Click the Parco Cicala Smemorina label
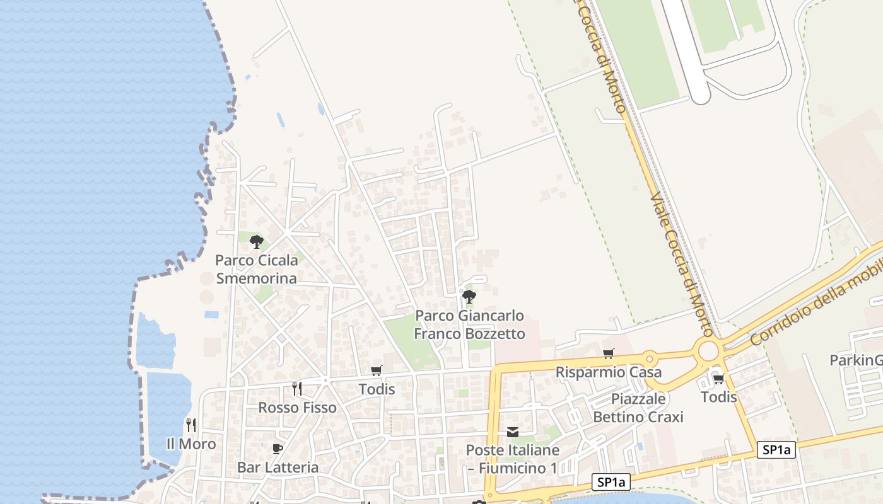pos(256,269)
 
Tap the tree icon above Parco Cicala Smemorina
pos(256,241)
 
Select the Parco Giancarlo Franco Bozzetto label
pos(469,324)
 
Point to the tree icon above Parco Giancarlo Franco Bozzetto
pos(469,296)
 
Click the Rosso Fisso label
pos(297,408)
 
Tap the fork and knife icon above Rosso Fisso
pos(297,388)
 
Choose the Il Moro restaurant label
pos(190,444)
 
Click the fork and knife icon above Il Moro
pos(191,425)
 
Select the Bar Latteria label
pos(278,467)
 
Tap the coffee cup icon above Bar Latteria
pos(277,449)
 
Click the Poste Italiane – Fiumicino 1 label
pos(512,459)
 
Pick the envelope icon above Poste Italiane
pos(513,432)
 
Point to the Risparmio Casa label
pos(608,372)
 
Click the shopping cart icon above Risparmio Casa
pos(608,354)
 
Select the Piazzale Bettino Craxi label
pos(638,408)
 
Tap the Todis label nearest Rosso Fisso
pos(377,389)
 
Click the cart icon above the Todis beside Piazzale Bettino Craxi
pos(719,379)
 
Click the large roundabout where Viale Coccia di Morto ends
pos(709,351)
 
